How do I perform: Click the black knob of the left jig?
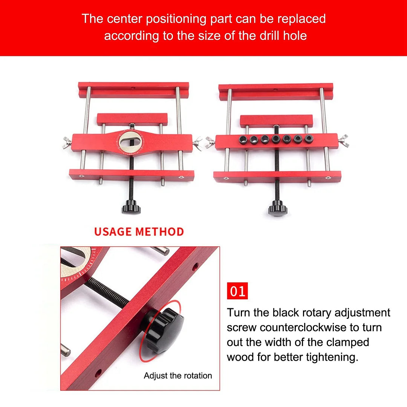pyautogui.click(x=131, y=207)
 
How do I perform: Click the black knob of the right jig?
pyautogui.click(x=277, y=208)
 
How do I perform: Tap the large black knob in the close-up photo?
pyautogui.click(x=163, y=330)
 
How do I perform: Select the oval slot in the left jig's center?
pyautogui.click(x=130, y=142)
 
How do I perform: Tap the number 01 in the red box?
pyautogui.click(x=237, y=291)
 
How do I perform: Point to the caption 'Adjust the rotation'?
pyautogui.click(x=178, y=376)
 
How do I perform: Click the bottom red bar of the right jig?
pyautogui.click(x=277, y=176)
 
